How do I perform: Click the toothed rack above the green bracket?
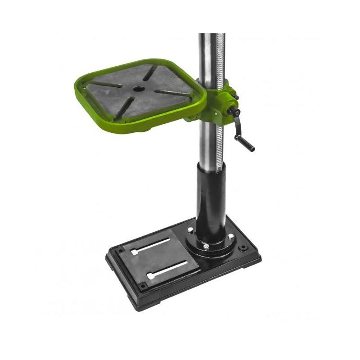[x=220, y=54]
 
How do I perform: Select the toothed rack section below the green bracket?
[x=220, y=144]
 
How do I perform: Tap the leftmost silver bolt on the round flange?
[x=190, y=232]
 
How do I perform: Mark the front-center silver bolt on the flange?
[x=206, y=246]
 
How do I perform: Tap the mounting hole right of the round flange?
[x=244, y=247]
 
